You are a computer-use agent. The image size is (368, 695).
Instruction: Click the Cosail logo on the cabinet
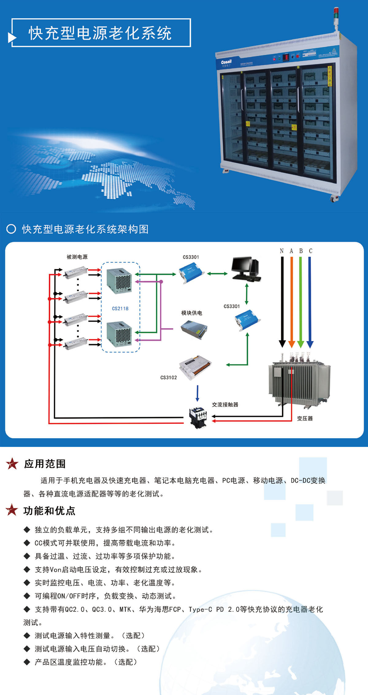(226, 62)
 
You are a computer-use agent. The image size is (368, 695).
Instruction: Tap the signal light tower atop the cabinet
(336, 18)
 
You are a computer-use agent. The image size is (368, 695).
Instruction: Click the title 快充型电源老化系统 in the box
(100, 33)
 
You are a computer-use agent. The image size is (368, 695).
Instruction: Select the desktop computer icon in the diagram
(246, 269)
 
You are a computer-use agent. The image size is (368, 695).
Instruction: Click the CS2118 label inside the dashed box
(120, 308)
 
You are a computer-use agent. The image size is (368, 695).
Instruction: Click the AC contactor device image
(198, 417)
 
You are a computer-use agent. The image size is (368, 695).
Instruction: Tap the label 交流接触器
(225, 405)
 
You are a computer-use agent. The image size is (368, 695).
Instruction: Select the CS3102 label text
(169, 378)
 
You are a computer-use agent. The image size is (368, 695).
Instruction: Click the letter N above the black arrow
(282, 251)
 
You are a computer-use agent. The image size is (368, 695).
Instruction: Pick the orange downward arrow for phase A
(291, 302)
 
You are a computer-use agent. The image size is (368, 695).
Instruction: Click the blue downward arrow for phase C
(310, 302)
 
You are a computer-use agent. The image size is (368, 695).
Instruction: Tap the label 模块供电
(192, 313)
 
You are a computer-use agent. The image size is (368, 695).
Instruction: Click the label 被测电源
(77, 257)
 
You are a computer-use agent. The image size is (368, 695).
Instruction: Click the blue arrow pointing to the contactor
(197, 393)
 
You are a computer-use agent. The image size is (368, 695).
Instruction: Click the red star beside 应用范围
(12, 463)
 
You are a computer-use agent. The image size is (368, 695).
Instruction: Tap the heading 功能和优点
(49, 511)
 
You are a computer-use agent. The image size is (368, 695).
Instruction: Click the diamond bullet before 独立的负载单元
(27, 530)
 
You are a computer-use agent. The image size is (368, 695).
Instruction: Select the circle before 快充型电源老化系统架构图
(11, 229)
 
